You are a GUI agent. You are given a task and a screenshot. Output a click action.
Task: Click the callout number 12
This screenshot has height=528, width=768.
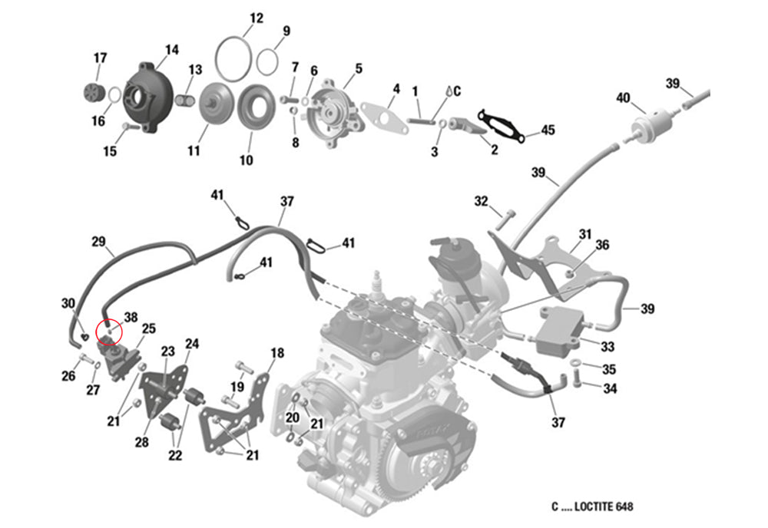(x=257, y=18)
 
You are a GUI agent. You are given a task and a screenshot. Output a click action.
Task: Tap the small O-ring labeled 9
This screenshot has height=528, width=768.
(x=267, y=61)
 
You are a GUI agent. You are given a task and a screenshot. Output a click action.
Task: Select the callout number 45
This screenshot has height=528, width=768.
(x=547, y=130)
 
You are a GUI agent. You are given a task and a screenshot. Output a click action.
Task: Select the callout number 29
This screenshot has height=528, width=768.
(x=98, y=242)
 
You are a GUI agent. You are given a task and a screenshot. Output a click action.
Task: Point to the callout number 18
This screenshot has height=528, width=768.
(x=277, y=353)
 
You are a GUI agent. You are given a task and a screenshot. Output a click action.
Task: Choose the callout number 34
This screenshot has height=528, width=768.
(x=610, y=389)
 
